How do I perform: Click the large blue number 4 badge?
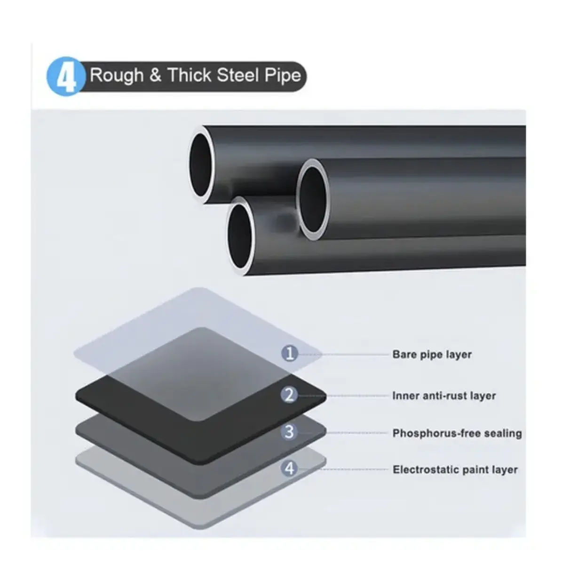click(x=66, y=76)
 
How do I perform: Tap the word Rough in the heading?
click(x=117, y=75)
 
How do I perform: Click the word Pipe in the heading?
click(x=283, y=76)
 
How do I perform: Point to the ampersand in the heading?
click(x=156, y=75)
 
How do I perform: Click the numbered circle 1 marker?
click(x=290, y=353)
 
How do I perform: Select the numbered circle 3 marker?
click(x=289, y=432)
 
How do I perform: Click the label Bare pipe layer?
click(x=432, y=355)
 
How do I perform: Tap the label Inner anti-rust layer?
click(x=444, y=396)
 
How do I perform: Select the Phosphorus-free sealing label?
click(x=457, y=433)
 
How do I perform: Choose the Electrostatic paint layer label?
click(x=455, y=469)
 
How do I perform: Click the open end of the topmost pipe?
click(x=202, y=165)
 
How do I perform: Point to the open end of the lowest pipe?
click(x=240, y=236)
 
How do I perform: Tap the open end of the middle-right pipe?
click(x=313, y=200)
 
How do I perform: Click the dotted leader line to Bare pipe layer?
click(x=343, y=355)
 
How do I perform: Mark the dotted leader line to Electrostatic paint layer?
click(x=343, y=469)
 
